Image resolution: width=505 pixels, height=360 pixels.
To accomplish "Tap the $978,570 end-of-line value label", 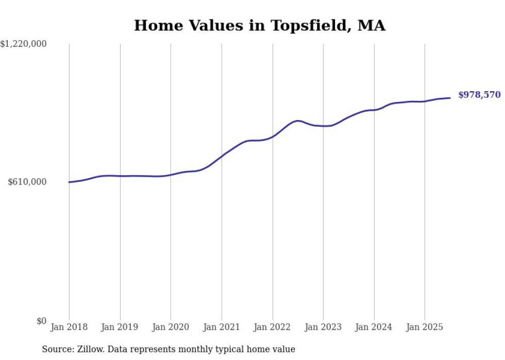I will coord(479,95).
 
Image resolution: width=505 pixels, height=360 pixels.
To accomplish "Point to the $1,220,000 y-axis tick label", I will coord(24,44).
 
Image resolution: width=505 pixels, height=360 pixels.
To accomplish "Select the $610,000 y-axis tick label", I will coord(27,182).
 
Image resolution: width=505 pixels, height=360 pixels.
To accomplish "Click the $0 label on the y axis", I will coord(41,321).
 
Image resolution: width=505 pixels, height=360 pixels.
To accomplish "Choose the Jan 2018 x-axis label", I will coord(69,327).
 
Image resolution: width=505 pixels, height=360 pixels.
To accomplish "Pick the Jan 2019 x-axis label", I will coord(120,327).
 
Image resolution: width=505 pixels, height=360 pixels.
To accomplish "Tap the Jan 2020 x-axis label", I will coord(171,327).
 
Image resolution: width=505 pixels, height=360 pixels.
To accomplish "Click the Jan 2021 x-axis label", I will coord(222,327).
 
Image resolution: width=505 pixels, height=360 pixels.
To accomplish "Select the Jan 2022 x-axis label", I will coord(273,327).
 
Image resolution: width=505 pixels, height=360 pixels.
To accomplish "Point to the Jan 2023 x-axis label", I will coord(323,327).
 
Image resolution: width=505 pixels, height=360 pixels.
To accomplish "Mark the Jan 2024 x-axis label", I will coord(374,327).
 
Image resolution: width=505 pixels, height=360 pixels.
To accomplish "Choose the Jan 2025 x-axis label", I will coord(425,327).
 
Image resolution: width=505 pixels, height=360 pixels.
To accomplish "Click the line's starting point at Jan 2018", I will coord(69,182).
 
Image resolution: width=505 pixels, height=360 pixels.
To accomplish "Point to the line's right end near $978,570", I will coord(450,98).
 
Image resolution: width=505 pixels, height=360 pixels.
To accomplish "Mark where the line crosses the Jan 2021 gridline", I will coord(222,156).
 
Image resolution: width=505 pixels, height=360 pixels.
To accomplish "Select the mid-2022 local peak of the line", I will coord(297,121).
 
